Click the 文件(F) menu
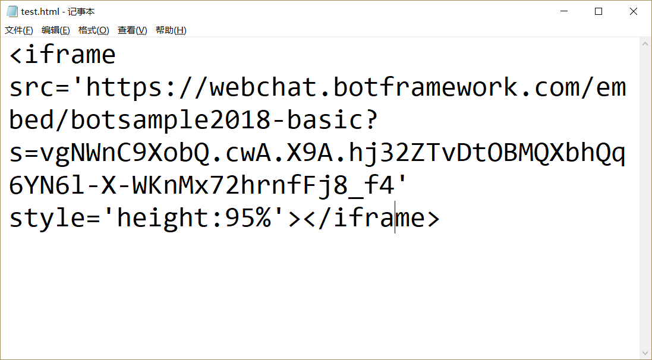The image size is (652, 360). coord(19,30)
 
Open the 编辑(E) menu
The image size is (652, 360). coord(56,30)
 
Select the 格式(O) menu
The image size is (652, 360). coord(94,30)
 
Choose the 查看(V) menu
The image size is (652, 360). coord(132,30)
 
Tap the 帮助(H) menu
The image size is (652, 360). coord(171,30)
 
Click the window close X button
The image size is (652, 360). coord(634,11)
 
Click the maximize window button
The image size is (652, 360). coord(599,11)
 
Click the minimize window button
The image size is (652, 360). coord(563,11)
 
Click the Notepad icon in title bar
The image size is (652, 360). coord(12,11)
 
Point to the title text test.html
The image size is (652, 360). coord(40,11)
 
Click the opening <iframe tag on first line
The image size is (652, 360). coord(62,55)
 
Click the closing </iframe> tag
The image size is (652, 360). coord(371,219)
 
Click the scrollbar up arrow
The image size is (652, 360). coord(645,43)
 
